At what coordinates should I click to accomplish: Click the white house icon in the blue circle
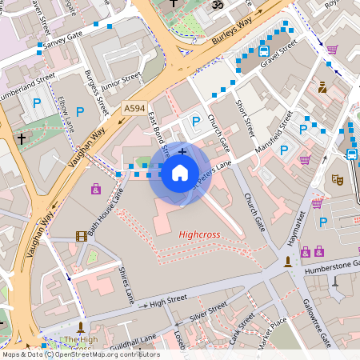tap(180, 173)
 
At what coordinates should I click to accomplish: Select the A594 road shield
tap(134, 108)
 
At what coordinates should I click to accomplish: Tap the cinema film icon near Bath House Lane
tap(81, 235)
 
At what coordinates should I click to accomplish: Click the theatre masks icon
tap(338, 180)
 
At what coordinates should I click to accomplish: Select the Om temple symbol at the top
tap(214, 5)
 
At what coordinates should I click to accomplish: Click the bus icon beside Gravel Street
tap(264, 52)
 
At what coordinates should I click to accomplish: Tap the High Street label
tap(167, 300)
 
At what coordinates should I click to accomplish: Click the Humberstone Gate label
tap(329, 266)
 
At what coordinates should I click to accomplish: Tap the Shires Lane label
tap(126, 286)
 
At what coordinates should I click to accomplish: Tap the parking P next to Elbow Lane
tap(79, 111)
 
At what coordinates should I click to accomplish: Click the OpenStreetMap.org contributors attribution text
tap(108, 354)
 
